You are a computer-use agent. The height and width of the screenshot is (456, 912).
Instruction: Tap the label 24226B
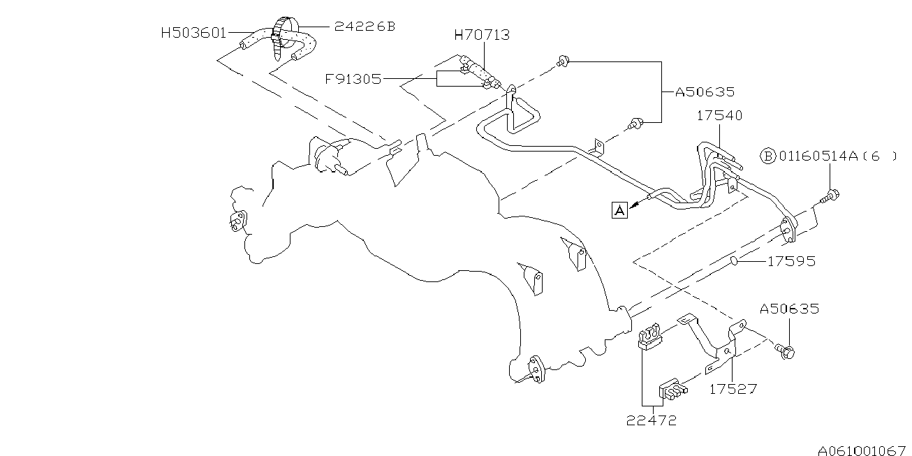pos(365,27)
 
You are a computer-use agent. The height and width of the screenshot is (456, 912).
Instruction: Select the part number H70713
pos(482,34)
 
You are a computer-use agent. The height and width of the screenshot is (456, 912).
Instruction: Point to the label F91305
pos(353,79)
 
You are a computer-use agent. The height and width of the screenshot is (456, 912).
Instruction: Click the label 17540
pos(719,116)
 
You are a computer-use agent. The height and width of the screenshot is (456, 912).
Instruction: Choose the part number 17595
pos(791,262)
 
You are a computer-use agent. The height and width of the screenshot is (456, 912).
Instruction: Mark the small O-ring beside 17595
pos(735,261)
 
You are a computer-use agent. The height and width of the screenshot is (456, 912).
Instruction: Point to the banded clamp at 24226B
pos(280,35)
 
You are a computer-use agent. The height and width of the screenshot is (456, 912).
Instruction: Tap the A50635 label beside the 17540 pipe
pos(705,91)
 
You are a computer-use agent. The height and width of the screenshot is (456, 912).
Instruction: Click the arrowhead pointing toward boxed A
pos(635,205)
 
